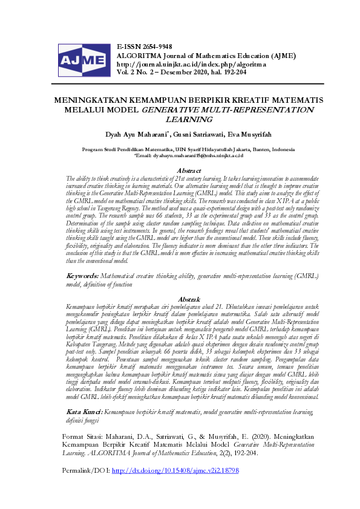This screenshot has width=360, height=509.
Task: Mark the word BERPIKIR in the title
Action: click(x=199, y=101)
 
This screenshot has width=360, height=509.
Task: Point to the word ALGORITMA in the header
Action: click(x=140, y=55)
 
